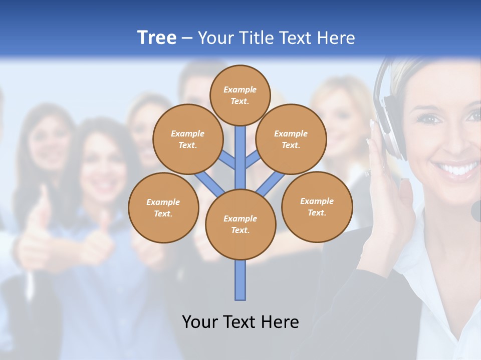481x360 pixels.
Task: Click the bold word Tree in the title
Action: tap(157, 38)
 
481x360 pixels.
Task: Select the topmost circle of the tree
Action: tap(240, 95)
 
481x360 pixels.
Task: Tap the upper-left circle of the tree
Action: tap(187, 139)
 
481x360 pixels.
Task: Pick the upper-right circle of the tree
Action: tap(291, 139)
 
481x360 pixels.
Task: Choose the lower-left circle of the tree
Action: tap(163, 207)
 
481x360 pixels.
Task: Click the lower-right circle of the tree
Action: tap(317, 206)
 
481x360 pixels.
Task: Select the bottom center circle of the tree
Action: tap(241, 224)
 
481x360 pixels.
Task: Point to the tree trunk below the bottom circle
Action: tap(241, 280)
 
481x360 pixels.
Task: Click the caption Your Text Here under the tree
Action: tap(241, 322)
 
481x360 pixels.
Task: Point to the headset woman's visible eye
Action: tap(430, 119)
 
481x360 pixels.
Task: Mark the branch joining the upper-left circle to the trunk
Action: tap(226, 161)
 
